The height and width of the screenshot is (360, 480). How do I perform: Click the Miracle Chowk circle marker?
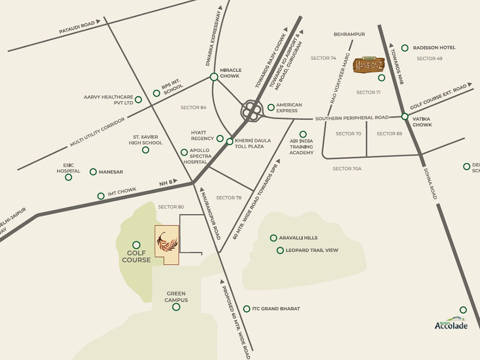[214, 77]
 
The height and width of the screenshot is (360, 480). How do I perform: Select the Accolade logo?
[451, 323]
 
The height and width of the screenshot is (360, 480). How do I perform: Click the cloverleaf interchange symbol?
[251, 111]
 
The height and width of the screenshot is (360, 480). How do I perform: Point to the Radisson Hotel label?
[434, 48]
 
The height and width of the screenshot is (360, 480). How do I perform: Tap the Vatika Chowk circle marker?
[405, 116]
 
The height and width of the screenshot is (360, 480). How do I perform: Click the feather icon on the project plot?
[167, 243]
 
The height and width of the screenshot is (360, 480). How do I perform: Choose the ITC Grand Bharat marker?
[247, 309]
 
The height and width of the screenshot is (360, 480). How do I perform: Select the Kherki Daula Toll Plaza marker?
[230, 142]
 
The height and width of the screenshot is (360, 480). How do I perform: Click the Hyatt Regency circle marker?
[219, 138]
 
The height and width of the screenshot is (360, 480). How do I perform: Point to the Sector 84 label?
[194, 108]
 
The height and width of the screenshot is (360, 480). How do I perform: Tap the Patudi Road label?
[77, 27]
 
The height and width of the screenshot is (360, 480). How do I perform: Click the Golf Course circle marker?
[136, 245]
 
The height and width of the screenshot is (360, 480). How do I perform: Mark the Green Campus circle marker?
[176, 307]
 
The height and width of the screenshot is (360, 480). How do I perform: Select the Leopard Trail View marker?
[280, 250]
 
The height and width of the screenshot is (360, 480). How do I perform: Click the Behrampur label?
[349, 34]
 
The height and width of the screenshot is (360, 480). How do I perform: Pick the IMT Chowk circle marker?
[101, 196]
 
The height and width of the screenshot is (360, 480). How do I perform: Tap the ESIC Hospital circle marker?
[68, 177]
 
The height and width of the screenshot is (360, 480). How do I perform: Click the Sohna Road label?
[430, 183]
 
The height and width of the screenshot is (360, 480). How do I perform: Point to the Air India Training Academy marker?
[303, 135]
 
